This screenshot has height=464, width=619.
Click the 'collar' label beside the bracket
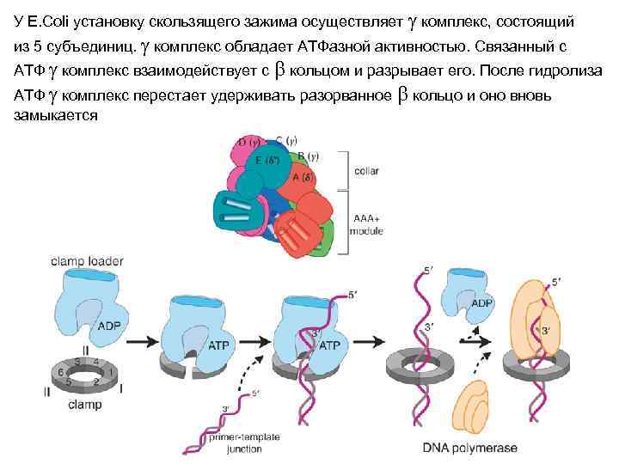(x=365, y=171)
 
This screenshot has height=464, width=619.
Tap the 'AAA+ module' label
(x=368, y=225)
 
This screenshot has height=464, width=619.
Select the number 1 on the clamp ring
(x=110, y=371)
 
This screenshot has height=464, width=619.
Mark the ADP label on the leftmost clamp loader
(x=109, y=327)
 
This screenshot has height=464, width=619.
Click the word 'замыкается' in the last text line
(x=56, y=114)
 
